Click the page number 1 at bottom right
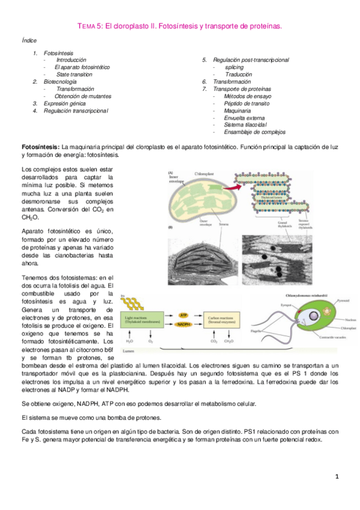coord(338,477)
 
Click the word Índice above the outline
coord(29,40)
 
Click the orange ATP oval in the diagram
coord(184,314)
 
